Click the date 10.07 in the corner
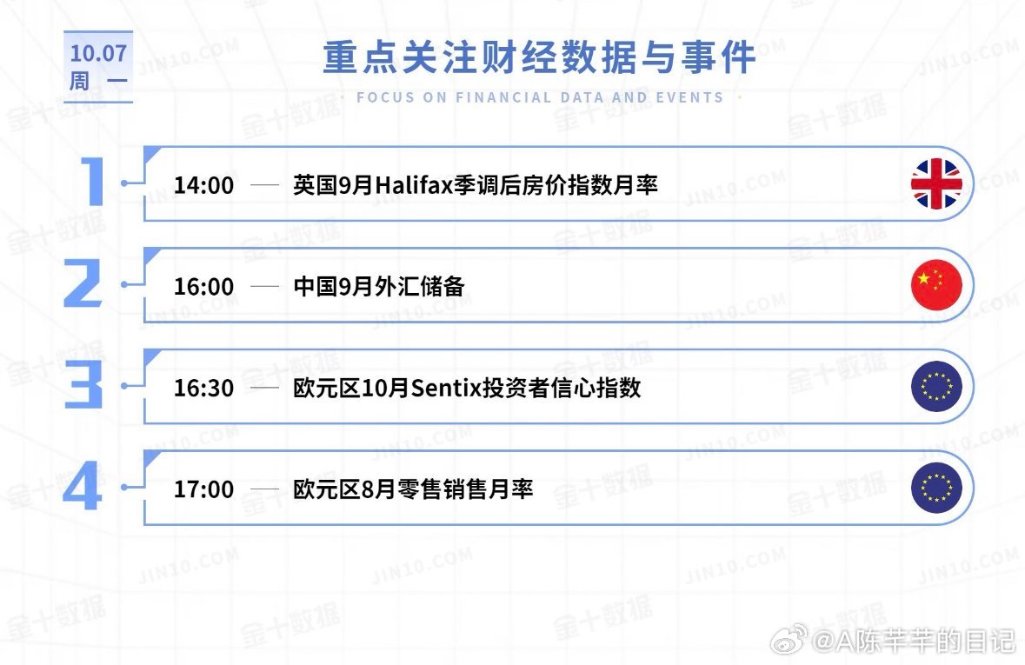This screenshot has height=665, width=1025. coord(99,53)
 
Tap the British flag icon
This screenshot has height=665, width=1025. coord(936,183)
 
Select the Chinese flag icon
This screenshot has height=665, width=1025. coord(936,285)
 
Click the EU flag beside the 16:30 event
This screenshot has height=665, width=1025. coord(936,387)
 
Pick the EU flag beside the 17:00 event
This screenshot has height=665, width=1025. coord(936,488)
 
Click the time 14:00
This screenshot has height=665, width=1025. coord(203,185)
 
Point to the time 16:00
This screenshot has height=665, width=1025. coord(203,286)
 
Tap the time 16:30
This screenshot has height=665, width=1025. coord(203,388)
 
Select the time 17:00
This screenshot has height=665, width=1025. coord(203,489)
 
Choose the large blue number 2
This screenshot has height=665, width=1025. coord(83,283)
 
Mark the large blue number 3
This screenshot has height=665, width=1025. coord(83,384)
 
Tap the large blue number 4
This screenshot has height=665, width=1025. coord(83,486)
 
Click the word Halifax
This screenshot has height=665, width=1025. coord(414,185)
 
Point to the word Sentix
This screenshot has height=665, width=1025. coord(446,389)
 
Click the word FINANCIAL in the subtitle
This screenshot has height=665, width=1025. coord(503,97)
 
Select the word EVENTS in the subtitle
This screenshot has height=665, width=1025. coord(689,97)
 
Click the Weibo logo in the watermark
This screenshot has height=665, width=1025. coord(789,640)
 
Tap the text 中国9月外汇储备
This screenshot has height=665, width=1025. coord(379,286)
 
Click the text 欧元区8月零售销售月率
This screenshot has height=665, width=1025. coord(413,489)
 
